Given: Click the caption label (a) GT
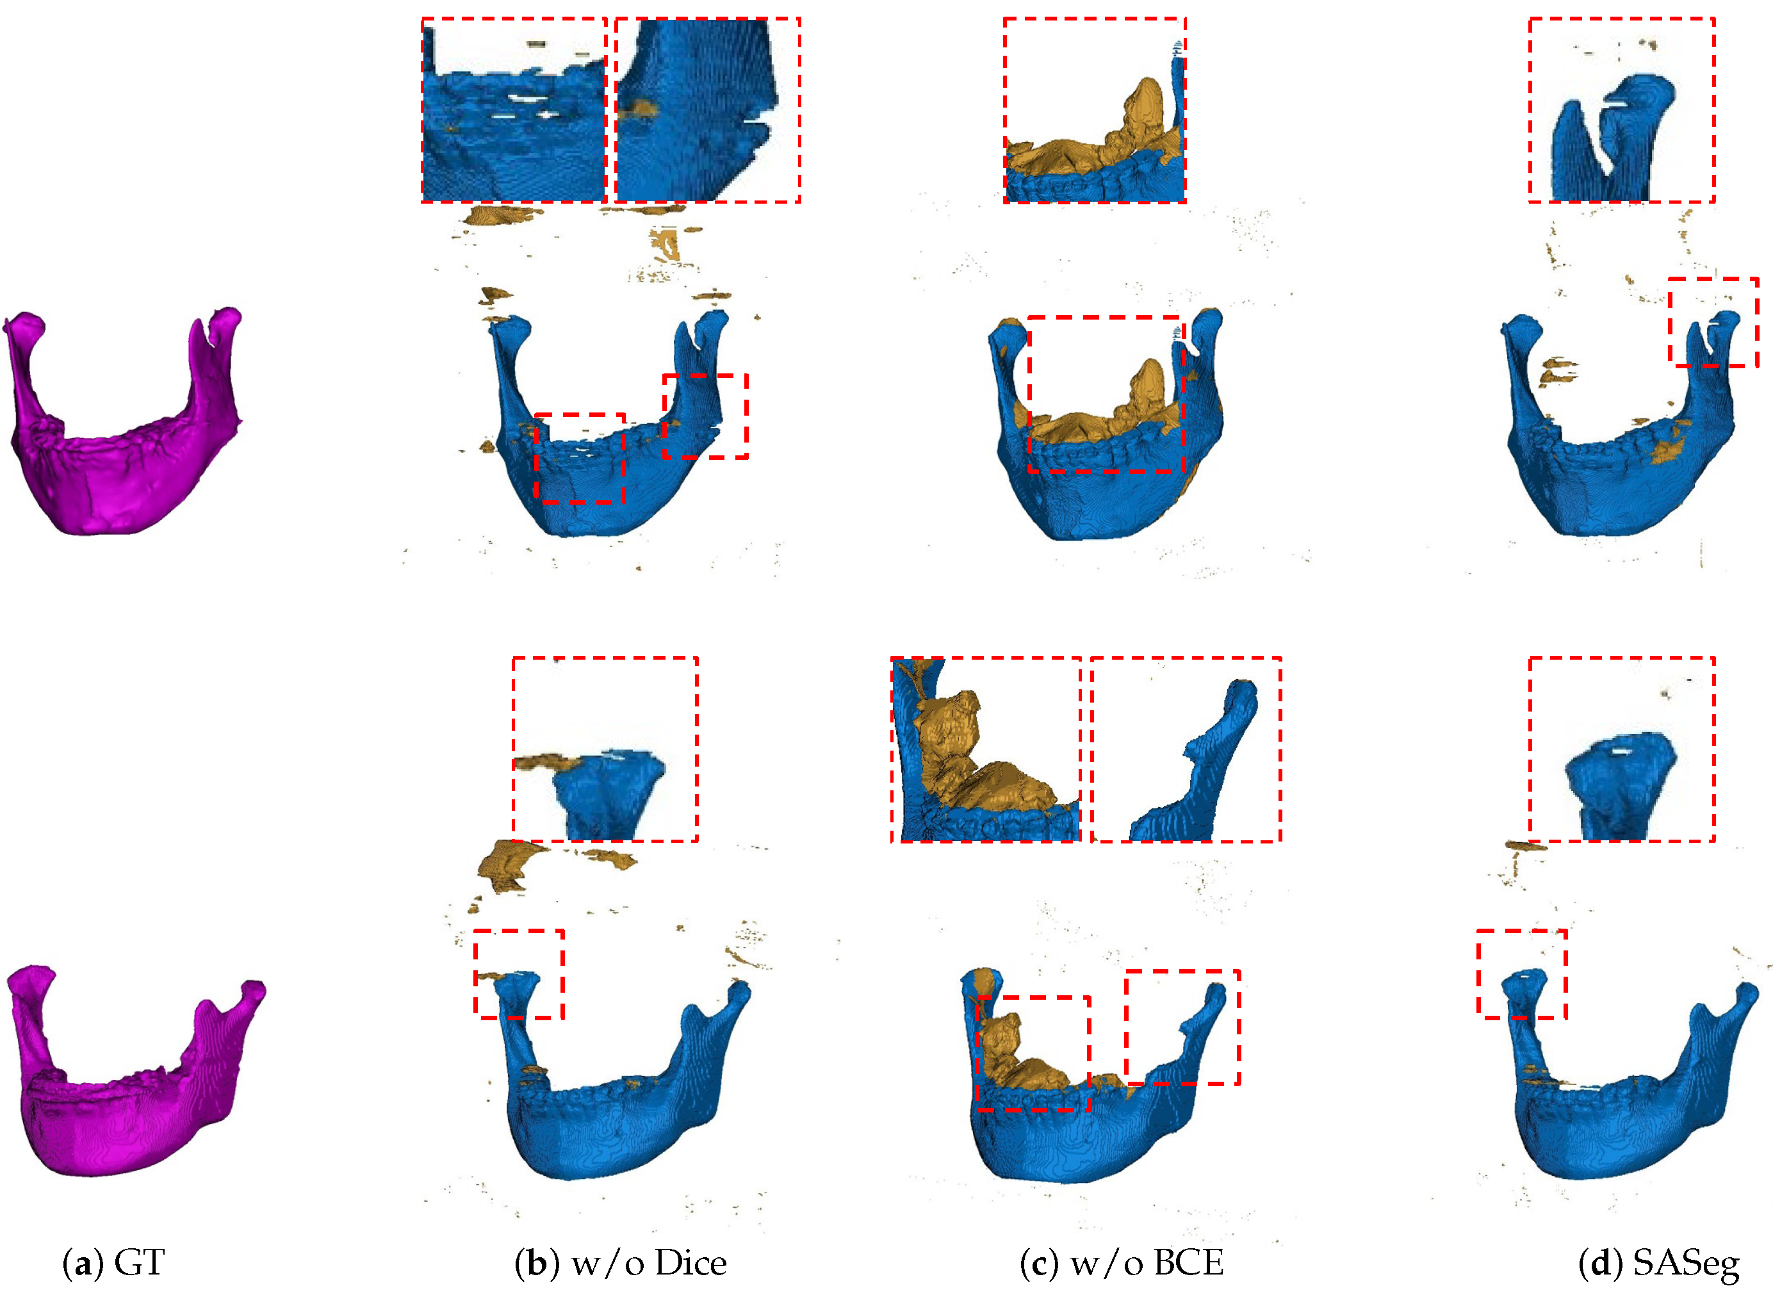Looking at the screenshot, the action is (x=113, y=1263).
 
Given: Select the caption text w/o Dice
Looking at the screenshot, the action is (x=648, y=1263).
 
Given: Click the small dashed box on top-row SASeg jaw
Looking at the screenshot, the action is (x=1669, y=322).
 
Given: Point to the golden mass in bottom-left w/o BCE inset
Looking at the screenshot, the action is (x=972, y=753).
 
